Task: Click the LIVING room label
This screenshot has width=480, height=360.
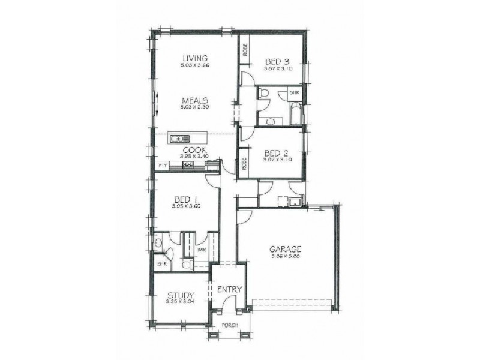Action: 196,58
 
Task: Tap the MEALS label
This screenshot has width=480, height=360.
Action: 196,100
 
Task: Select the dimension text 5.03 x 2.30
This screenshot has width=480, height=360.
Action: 196,107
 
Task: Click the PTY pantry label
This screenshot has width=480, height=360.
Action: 161,164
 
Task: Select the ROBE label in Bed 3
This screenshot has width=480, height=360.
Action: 245,52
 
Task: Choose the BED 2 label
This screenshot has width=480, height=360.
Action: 277,152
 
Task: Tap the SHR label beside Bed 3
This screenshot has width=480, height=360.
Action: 294,93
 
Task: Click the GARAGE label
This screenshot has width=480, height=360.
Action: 285,250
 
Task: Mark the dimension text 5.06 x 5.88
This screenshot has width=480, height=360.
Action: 285,257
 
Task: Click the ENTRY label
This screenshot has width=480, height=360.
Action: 229,290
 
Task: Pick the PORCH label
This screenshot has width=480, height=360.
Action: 230,326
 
